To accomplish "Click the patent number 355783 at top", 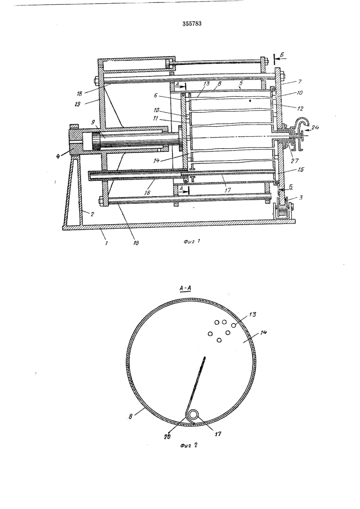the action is point(192,24).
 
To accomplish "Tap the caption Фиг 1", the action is point(192,241).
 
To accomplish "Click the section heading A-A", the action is point(185,288).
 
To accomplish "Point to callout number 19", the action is point(78,104).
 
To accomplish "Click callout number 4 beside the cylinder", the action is point(58,156).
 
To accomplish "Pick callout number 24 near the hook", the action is point(315,128).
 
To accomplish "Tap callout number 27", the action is point(295,161).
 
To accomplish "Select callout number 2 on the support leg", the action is point(92,214).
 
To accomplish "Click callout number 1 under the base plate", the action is point(106,243).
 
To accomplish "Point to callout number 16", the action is point(148,193).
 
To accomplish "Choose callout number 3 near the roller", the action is point(301,197).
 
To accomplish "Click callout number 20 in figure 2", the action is point(167,437).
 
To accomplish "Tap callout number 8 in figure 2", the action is point(130,417).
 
